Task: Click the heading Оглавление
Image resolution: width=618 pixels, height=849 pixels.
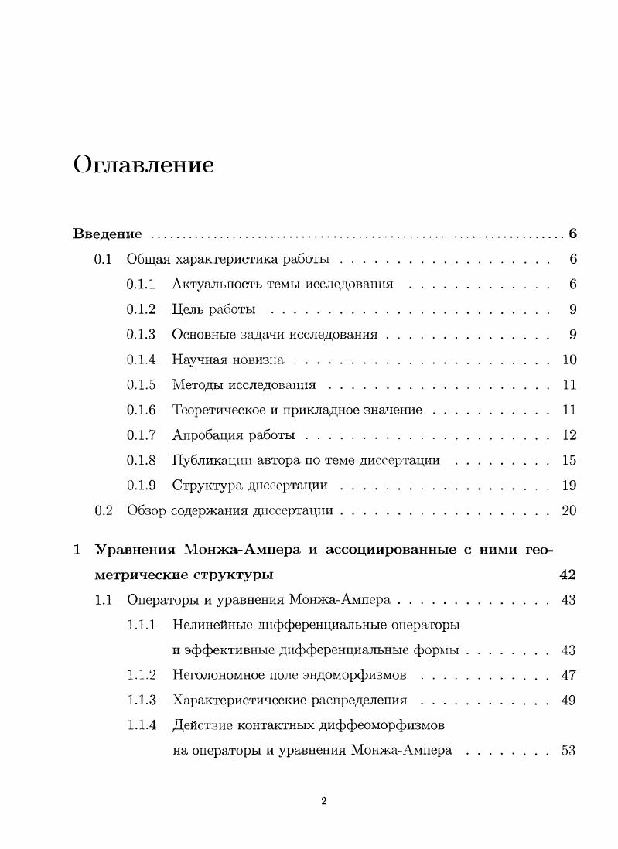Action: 143,165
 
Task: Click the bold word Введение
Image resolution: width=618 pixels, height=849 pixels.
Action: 107,234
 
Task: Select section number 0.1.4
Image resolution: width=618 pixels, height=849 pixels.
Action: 142,360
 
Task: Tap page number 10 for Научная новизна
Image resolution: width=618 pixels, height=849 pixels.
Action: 569,360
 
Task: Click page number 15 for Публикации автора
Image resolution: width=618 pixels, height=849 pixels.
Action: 569,460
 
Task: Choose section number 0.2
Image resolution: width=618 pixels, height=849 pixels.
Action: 104,510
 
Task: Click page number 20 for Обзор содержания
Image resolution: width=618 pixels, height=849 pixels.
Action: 569,510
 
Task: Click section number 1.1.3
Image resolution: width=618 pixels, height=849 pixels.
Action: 142,701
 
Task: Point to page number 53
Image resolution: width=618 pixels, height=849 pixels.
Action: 568,750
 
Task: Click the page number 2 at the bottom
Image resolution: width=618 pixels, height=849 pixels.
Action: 324,801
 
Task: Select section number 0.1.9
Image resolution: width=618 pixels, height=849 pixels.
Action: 142,486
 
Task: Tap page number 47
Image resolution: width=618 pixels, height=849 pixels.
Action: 568,675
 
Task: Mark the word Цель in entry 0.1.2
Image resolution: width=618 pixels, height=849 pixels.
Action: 187,309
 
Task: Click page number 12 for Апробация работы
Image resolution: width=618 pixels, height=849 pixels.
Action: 569,435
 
